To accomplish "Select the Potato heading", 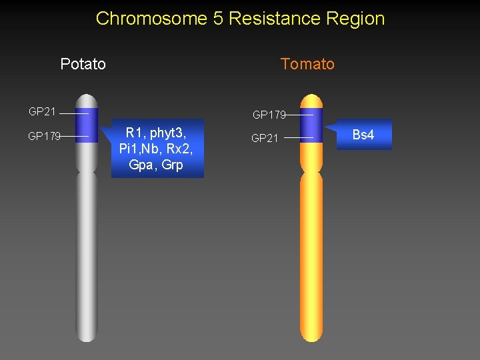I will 83,64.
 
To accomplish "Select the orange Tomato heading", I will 307,64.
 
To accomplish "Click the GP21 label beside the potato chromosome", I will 42,111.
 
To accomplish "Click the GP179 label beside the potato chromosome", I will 44,136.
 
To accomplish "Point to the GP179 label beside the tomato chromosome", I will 269,115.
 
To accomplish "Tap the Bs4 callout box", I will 363,135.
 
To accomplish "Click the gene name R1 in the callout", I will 134,134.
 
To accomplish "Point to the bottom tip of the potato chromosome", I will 87,339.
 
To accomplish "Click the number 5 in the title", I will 218,18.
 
